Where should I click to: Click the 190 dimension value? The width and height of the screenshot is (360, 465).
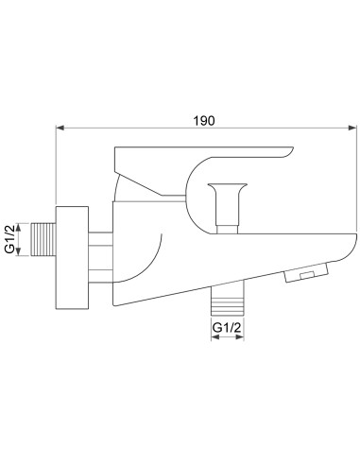204,120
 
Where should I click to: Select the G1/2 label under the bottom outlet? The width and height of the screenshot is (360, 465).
227,328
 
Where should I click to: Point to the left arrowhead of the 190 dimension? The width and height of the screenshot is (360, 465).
60,128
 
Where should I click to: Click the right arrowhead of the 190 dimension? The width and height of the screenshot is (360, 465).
352,128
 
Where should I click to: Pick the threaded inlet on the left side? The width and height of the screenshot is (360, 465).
43,239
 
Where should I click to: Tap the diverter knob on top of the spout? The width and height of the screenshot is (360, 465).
228,208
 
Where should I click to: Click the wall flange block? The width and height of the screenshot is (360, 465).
72,258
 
